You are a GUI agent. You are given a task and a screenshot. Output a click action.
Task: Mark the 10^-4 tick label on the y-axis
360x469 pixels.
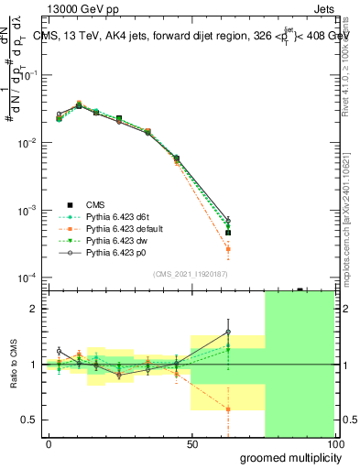[x=28, y=278]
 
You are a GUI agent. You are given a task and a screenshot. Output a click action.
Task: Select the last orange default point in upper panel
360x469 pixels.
[x=228, y=249]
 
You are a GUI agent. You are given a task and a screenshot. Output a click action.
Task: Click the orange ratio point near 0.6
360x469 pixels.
[x=228, y=409]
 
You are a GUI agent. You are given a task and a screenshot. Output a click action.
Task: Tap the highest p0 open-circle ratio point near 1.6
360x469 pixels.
[x=228, y=332]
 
